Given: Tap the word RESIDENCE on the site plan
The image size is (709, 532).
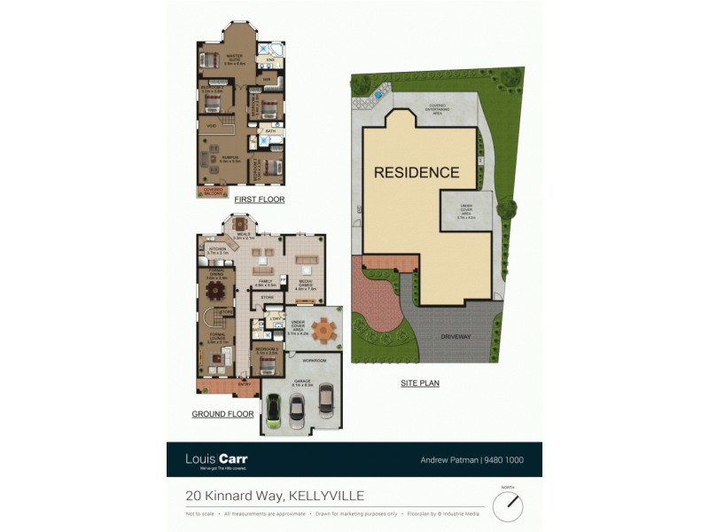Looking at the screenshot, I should coord(416,173).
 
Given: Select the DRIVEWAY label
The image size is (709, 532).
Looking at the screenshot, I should coord(457,338).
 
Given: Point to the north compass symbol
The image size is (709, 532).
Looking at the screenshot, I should coord(508,507).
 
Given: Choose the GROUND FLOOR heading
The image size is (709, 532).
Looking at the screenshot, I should coord(222,414).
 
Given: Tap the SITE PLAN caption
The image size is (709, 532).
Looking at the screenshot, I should coord(420,384).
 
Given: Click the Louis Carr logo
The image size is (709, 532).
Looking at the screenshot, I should coord(216,459).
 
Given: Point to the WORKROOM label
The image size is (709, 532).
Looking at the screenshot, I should coord(315,361).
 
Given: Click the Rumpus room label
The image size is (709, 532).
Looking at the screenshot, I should coord(231,160).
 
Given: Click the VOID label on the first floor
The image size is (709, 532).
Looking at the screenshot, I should coord(212,126).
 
